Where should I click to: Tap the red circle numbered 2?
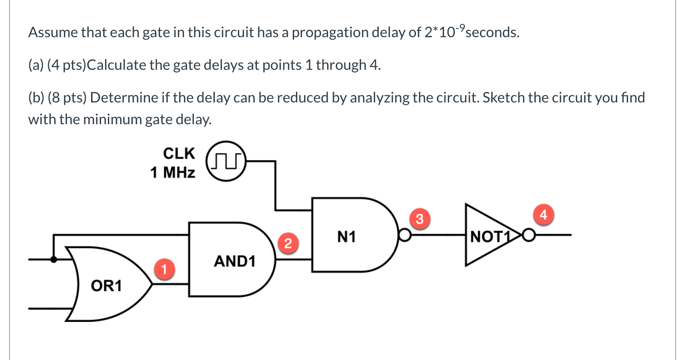(x=286, y=243)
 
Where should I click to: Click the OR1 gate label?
(x=106, y=286)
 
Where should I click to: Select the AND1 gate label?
(x=234, y=261)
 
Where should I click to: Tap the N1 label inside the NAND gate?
(x=347, y=236)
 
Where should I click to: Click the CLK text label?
(x=179, y=154)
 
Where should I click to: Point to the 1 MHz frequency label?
(x=173, y=173)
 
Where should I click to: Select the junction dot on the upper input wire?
(x=54, y=259)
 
